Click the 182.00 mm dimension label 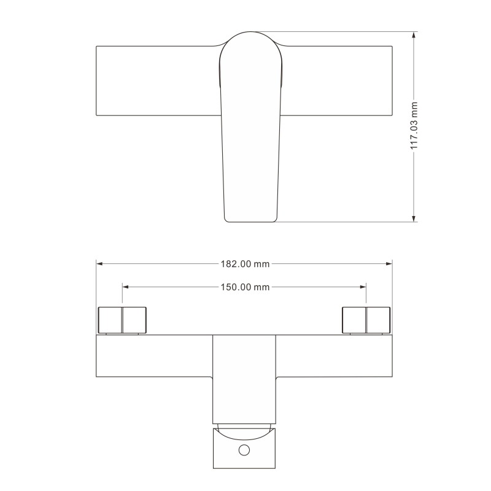coord(245,264)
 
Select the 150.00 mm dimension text coord(245,287)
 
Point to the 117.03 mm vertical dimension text coord(414,126)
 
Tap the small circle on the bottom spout coord(244,450)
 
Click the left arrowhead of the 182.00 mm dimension coord(99,264)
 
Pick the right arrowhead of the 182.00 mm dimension coord(389,264)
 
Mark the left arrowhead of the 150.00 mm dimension coord(126,287)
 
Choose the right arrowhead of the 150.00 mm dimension coord(363,287)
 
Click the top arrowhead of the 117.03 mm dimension coord(414,35)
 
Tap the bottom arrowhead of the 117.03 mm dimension coord(414,218)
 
